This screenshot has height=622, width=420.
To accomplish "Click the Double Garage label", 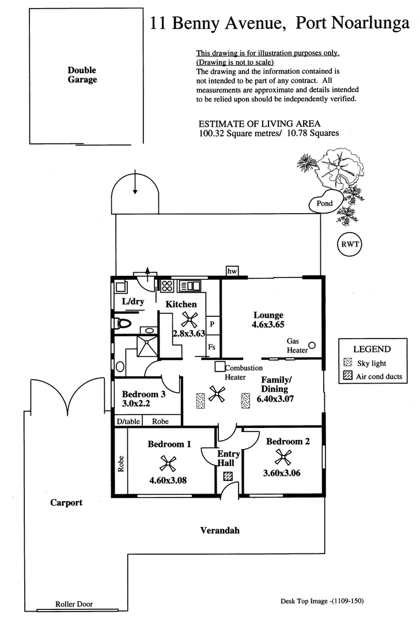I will (82, 75).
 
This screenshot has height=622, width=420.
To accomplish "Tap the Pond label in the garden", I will (321, 203).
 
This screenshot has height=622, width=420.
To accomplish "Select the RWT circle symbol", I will (348, 244).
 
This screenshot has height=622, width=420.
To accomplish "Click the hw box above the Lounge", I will (233, 271).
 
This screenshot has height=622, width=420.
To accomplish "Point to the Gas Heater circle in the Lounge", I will (312, 345).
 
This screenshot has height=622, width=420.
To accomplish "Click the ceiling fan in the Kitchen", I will (189, 318).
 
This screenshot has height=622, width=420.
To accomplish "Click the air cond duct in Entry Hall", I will (228, 476).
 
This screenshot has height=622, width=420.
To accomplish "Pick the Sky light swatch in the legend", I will (347, 363).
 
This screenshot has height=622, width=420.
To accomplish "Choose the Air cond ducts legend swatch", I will (347, 377).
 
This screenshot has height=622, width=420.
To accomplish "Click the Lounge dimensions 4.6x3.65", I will (268, 325).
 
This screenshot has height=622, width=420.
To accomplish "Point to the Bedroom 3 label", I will (143, 395).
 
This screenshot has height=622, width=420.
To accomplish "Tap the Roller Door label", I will (74, 604).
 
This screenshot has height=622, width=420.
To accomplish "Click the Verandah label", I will (220, 530).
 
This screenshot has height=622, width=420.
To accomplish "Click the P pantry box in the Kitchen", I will (211, 325).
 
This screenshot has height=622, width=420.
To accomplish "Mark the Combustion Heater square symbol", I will (220, 366).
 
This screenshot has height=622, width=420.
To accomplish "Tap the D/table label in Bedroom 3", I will (128, 422).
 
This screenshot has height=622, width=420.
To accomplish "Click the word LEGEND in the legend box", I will (372, 349).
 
